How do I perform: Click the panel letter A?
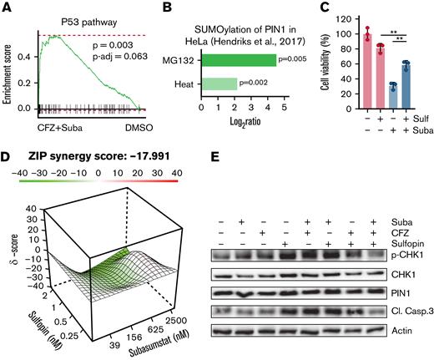point(6,8)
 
